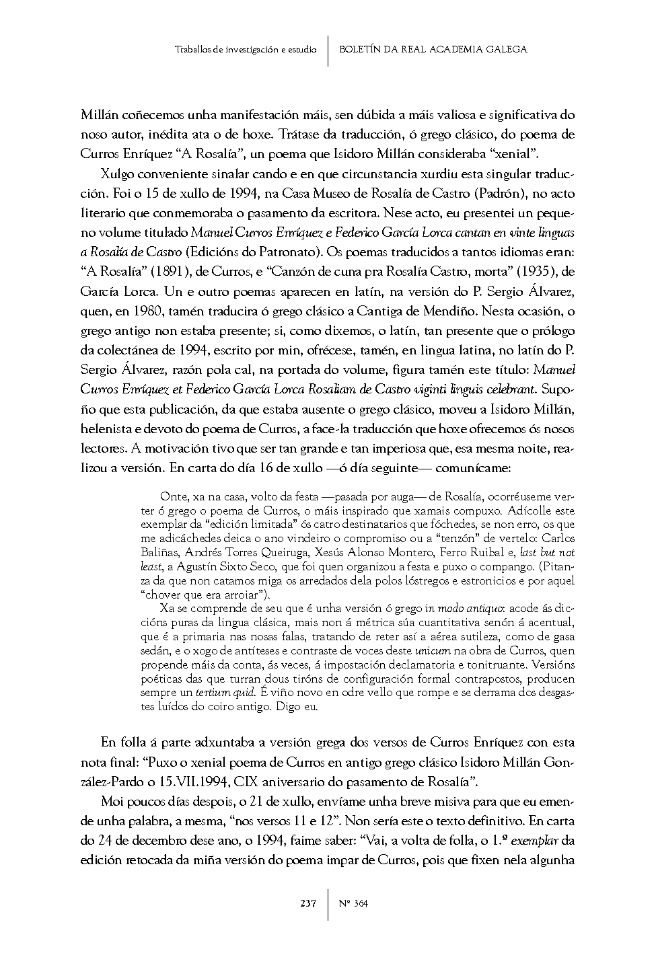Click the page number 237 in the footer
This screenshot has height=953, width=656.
click(307, 903)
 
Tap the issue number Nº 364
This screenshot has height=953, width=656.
click(354, 903)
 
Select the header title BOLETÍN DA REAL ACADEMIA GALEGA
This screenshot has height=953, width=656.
click(433, 49)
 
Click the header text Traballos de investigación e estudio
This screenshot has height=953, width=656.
click(245, 50)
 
